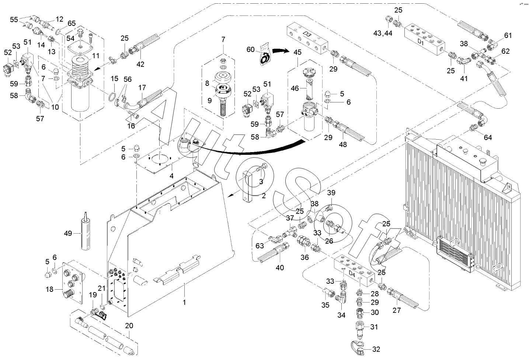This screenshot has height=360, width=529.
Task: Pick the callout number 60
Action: coord(251,49)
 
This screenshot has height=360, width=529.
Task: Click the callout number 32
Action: coord(376,349)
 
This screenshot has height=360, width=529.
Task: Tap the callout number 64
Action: coord(488,137)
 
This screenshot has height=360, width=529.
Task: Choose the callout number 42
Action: coord(140,64)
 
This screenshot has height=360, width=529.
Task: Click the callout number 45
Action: coord(297,52)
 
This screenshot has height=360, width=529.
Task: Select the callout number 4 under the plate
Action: coord(171,175)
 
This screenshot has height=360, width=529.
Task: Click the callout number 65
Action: coord(72,24)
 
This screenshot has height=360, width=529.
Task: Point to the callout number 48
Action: coord(343,144)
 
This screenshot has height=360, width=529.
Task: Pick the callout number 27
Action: coord(396,310)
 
